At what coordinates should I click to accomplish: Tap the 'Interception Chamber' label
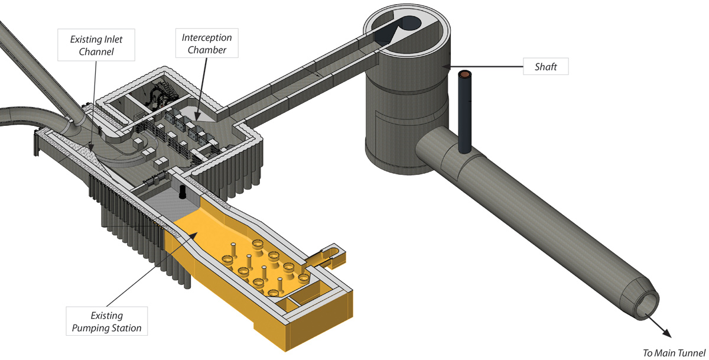click(207, 44)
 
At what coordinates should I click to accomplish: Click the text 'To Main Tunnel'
click(674, 353)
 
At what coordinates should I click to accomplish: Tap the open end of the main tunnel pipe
click(649, 305)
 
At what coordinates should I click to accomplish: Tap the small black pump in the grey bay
click(182, 191)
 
